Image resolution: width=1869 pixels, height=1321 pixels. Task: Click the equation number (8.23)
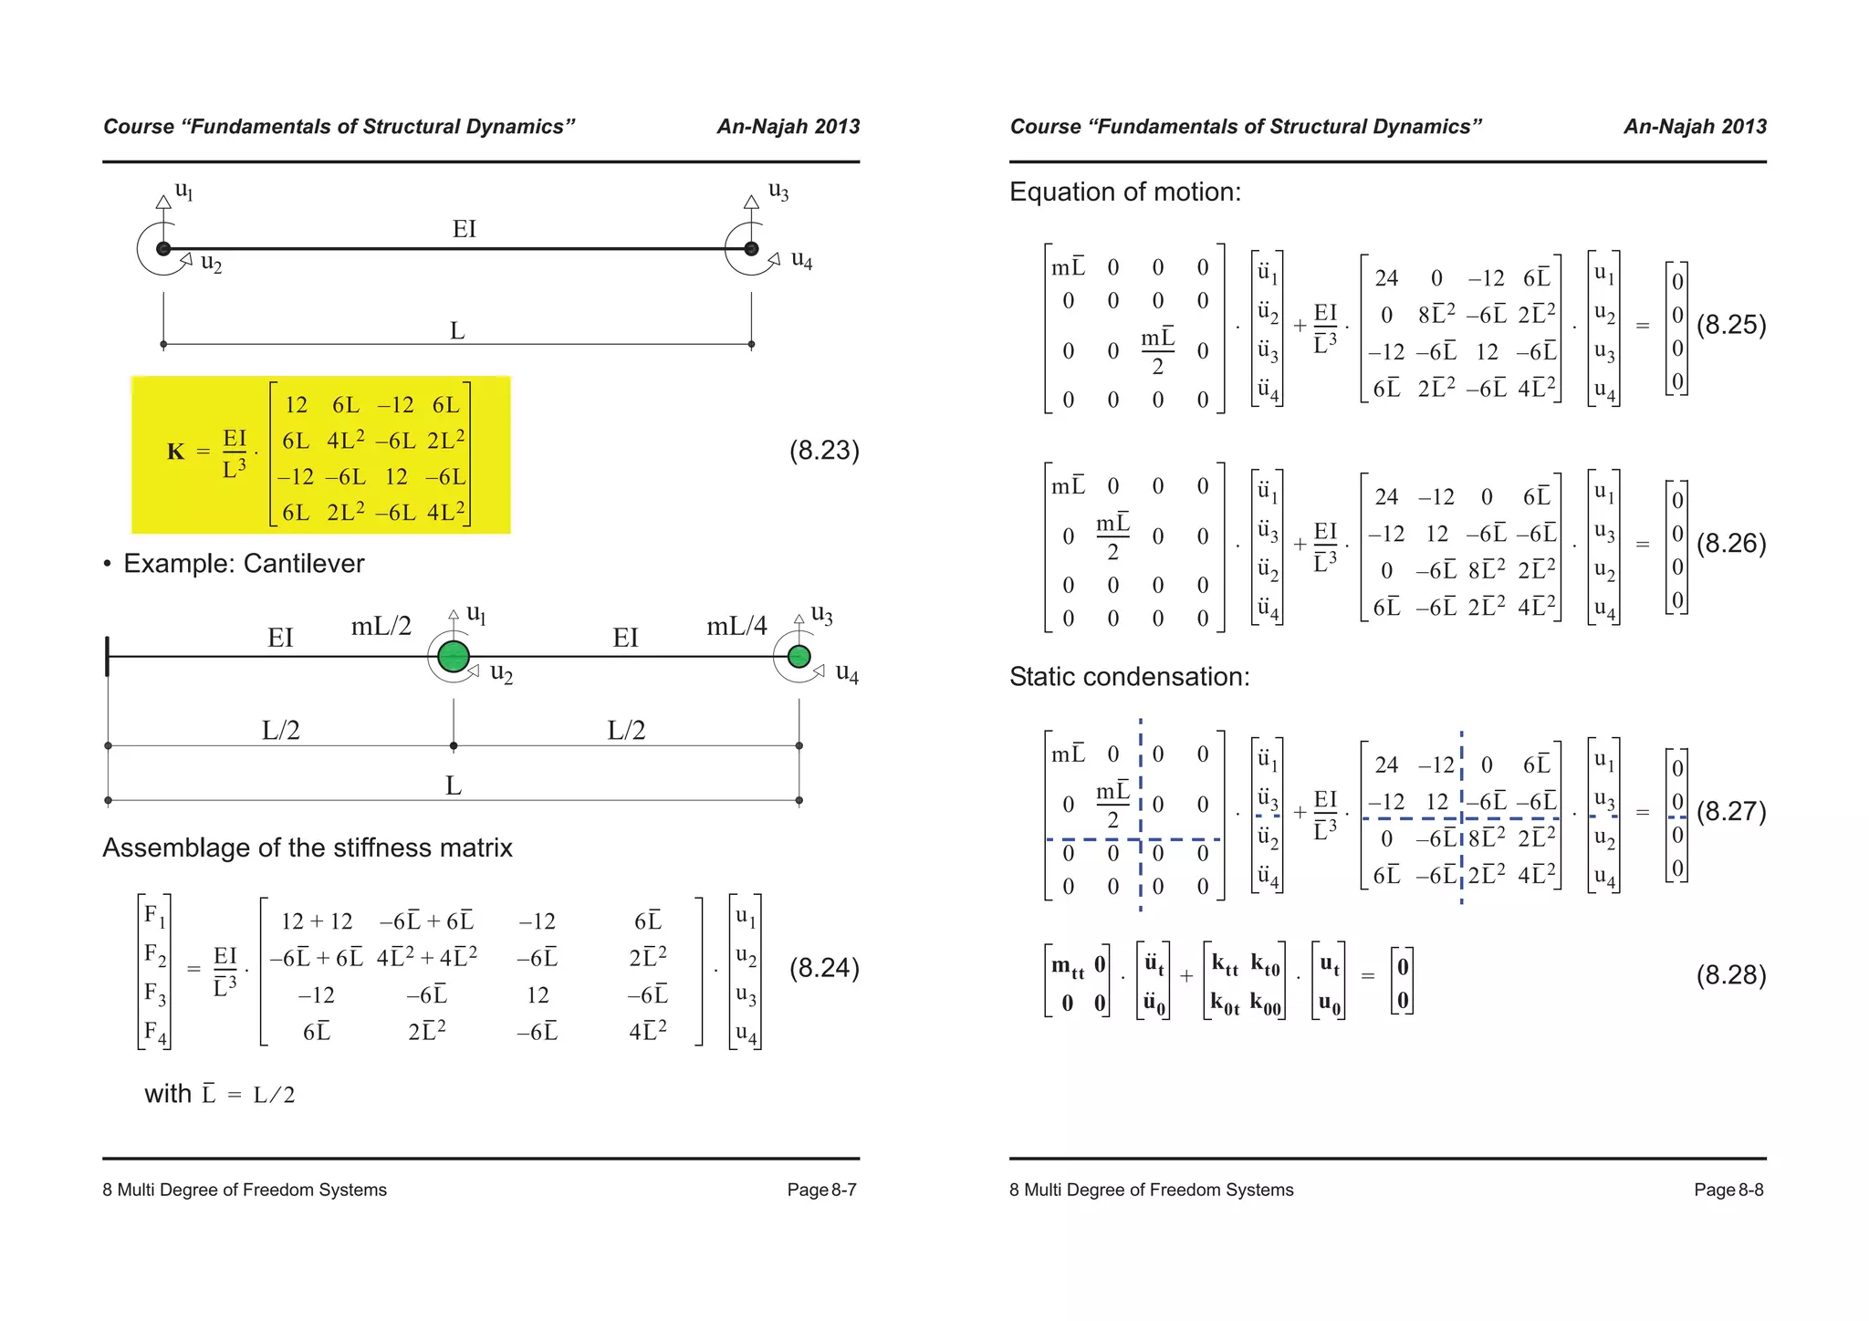coord(823,451)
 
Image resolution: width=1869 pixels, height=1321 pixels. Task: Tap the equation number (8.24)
coord(823,968)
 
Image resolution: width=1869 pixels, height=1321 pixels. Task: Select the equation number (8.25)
coord(1730,326)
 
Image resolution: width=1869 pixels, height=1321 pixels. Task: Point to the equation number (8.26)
coord(1730,544)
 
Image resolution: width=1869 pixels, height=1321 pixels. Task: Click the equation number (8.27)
coord(1730,812)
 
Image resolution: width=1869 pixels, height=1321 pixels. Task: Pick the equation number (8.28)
coord(1730,975)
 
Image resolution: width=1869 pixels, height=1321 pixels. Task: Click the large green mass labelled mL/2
coord(454,656)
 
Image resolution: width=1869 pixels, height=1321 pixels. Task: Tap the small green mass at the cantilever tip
coord(799,656)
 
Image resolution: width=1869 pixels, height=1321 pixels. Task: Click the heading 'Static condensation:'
coord(1129,677)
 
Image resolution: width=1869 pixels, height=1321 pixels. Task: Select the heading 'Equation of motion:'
coord(1124,192)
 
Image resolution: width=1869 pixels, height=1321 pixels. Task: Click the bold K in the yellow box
coord(175,452)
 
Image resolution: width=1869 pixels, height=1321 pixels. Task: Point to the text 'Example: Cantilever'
coord(243,564)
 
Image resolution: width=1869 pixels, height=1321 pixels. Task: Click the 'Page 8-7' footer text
coord(821,1190)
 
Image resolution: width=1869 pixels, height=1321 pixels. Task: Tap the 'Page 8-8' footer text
coord(1728,1190)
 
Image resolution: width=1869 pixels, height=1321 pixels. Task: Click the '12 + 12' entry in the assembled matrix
coord(316,921)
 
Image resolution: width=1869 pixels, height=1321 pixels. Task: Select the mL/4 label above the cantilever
coord(736,626)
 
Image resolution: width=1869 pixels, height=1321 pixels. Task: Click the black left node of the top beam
coord(163,248)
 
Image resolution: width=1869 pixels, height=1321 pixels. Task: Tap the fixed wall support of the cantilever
coord(108,656)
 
